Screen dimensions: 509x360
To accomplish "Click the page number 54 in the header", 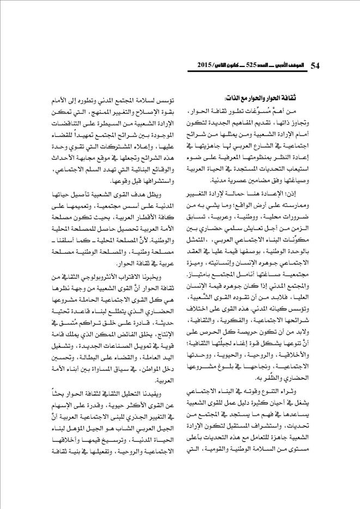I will [x=314, y=65].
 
